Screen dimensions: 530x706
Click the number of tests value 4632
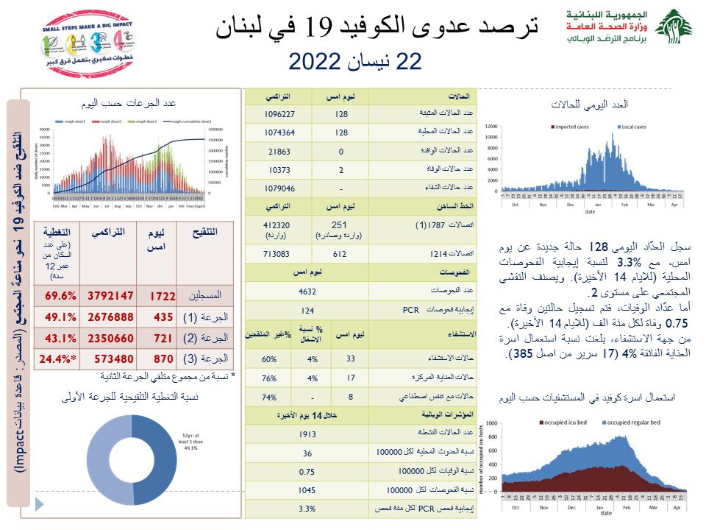point(307,291)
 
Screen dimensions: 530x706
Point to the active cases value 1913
point(307,434)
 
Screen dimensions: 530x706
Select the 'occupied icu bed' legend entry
point(569,423)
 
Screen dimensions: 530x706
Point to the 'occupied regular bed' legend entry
point(635,423)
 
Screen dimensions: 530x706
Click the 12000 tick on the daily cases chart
point(493,126)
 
